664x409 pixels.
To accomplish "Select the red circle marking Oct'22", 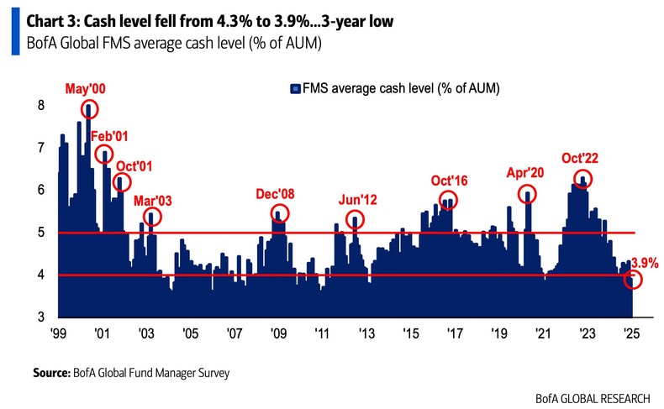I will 582,179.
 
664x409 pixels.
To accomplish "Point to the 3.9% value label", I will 644,263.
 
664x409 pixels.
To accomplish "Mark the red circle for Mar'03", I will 151,218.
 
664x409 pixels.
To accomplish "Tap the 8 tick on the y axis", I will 40,105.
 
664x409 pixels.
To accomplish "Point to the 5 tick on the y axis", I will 40,233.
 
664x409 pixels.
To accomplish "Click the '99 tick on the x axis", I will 58,333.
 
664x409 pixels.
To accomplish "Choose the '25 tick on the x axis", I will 628,333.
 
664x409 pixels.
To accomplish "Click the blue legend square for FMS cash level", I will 294,87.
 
